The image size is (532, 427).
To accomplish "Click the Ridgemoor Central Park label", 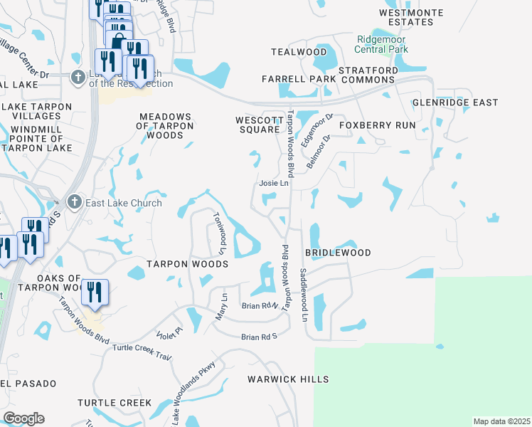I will pos(383,45).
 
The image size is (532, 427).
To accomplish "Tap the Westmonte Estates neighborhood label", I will pos(412,18).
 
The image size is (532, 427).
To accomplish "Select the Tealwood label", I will pos(299,52).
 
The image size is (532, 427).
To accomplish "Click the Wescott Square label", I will pos(257,125).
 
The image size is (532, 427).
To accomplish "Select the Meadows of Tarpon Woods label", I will pos(166,125).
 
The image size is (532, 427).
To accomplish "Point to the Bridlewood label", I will pos(338,253).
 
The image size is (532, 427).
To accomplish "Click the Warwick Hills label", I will pos(288,379).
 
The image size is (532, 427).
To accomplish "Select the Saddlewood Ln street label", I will pos(303,294).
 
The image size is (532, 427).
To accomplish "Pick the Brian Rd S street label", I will pos(258,337).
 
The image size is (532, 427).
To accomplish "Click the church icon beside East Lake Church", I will pos(73,203).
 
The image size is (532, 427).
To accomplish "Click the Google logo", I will pos(23,418).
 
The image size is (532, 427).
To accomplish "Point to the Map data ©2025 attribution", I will pos(502,421).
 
